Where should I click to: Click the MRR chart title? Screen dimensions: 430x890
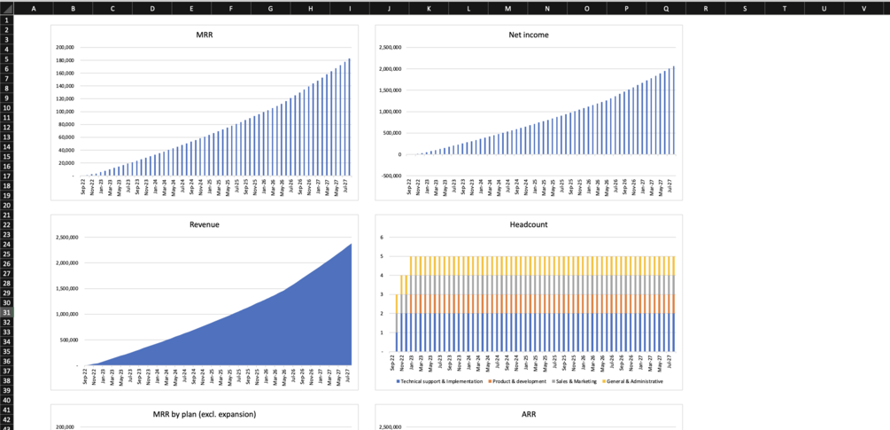(205, 35)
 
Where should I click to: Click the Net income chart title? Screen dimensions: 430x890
(529, 35)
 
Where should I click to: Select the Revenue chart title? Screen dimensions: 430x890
(205, 224)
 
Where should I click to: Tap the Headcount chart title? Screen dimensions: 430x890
(529, 224)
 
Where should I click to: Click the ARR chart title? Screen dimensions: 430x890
(529, 414)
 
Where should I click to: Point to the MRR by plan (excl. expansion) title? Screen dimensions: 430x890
(205, 414)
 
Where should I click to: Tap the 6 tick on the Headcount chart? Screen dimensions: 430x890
(381, 238)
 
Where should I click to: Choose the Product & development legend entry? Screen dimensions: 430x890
(519, 381)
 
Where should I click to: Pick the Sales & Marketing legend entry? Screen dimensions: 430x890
(574, 381)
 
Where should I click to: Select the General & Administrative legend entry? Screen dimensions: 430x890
(634, 381)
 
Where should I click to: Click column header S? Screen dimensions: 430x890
(745, 8)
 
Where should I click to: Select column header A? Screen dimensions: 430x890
(34, 8)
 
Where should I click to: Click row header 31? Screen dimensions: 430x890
(8, 312)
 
